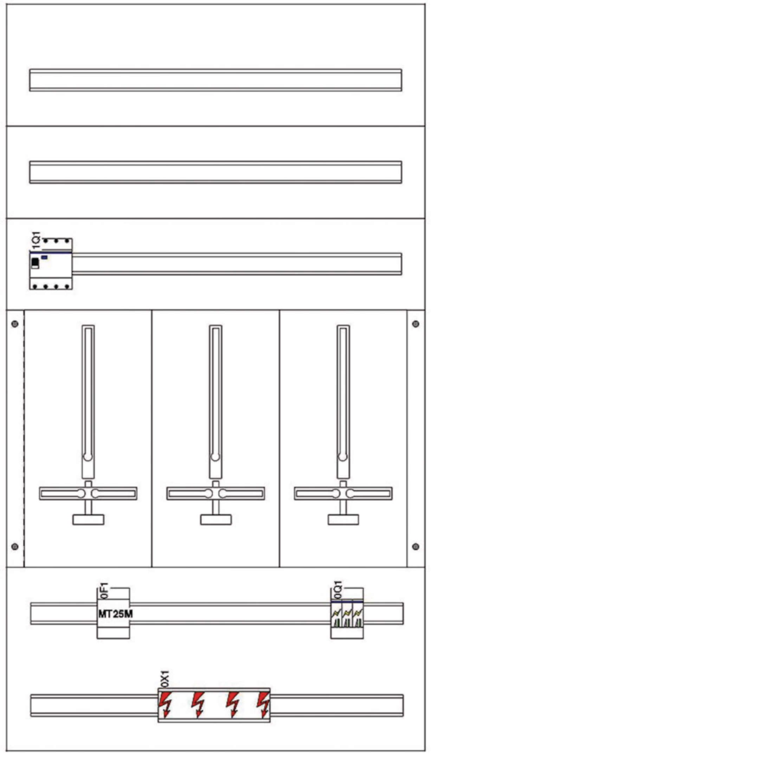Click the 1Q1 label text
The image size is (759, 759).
tap(36, 240)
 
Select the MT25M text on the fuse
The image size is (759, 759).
tap(116, 614)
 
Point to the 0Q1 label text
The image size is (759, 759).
tap(337, 590)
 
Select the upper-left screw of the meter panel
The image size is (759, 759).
tap(15, 324)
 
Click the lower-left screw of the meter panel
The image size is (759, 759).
tap(15, 546)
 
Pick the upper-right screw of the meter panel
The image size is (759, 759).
tap(416, 324)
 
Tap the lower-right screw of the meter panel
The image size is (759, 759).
tap(416, 546)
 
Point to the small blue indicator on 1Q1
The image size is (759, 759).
tap(44, 257)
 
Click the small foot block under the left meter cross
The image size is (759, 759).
tap(89, 520)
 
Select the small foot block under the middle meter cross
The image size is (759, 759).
tap(216, 520)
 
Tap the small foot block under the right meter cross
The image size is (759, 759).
tap(343, 520)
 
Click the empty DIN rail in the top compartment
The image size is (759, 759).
tap(216, 80)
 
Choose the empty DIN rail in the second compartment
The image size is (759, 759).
tap(216, 172)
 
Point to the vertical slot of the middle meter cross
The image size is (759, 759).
tap(215, 393)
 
